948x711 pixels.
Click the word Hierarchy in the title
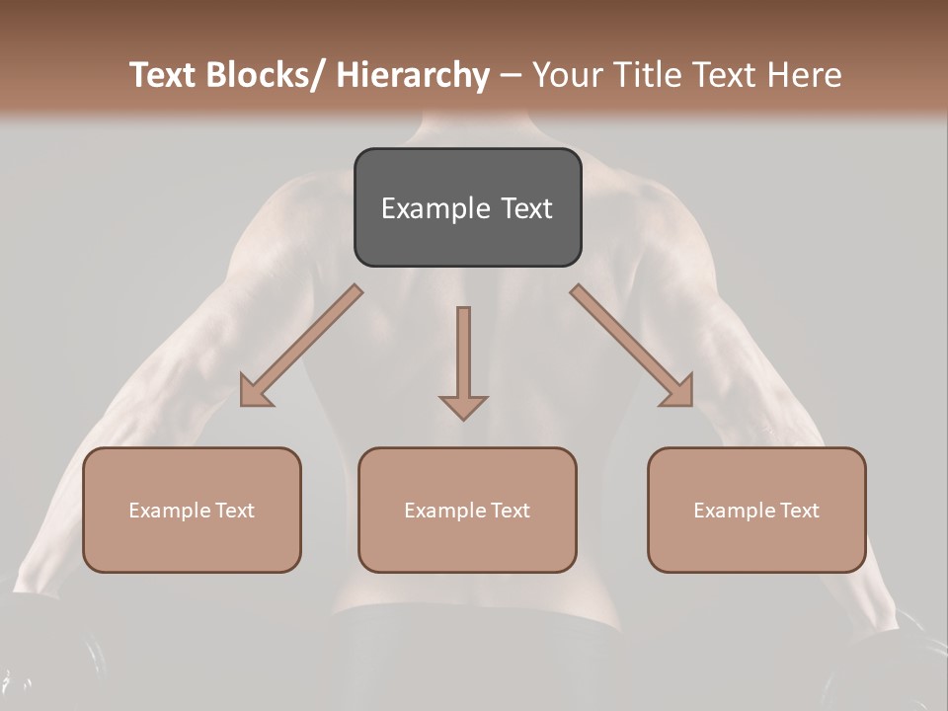[x=413, y=75]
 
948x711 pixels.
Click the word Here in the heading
[x=807, y=75]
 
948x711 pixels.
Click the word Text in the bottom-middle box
[x=510, y=511]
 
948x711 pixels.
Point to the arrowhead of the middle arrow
[x=463, y=407]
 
